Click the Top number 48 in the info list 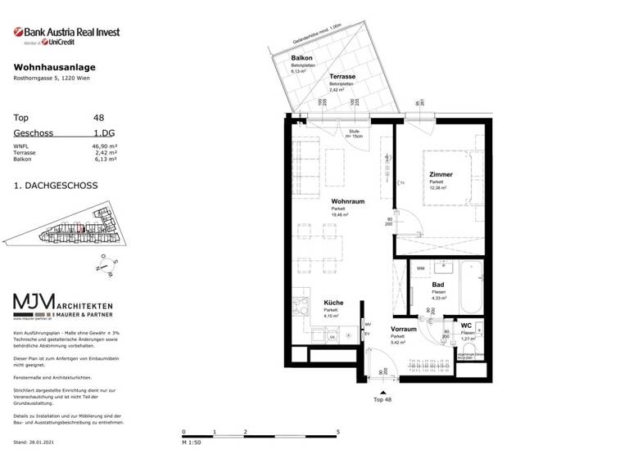(x=99, y=118)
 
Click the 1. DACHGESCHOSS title (x=56, y=186)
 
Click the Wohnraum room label (x=347, y=200)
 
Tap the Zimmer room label (x=441, y=174)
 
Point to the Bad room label (x=438, y=285)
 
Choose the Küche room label (x=333, y=303)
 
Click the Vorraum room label (x=404, y=329)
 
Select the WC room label (x=466, y=326)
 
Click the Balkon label (x=301, y=59)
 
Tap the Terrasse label (x=342, y=76)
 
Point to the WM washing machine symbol (x=421, y=267)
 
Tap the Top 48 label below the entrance (x=382, y=400)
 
